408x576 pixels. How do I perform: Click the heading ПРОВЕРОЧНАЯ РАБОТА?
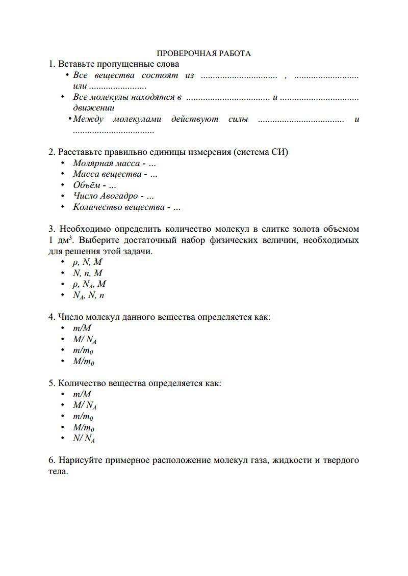coord(203,53)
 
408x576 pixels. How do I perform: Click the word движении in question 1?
coord(93,108)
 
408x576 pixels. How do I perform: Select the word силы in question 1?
coord(238,119)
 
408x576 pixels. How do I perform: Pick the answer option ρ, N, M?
coord(87,262)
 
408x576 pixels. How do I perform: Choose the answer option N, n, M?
coord(87,273)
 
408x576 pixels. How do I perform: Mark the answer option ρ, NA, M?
coord(89,284)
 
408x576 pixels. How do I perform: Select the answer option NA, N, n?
coord(88,295)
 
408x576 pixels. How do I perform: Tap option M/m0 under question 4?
coord(83,362)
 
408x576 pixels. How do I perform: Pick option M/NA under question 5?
coord(85,405)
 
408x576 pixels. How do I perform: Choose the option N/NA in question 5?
coord(84,438)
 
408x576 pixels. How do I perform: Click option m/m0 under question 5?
coord(83,417)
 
